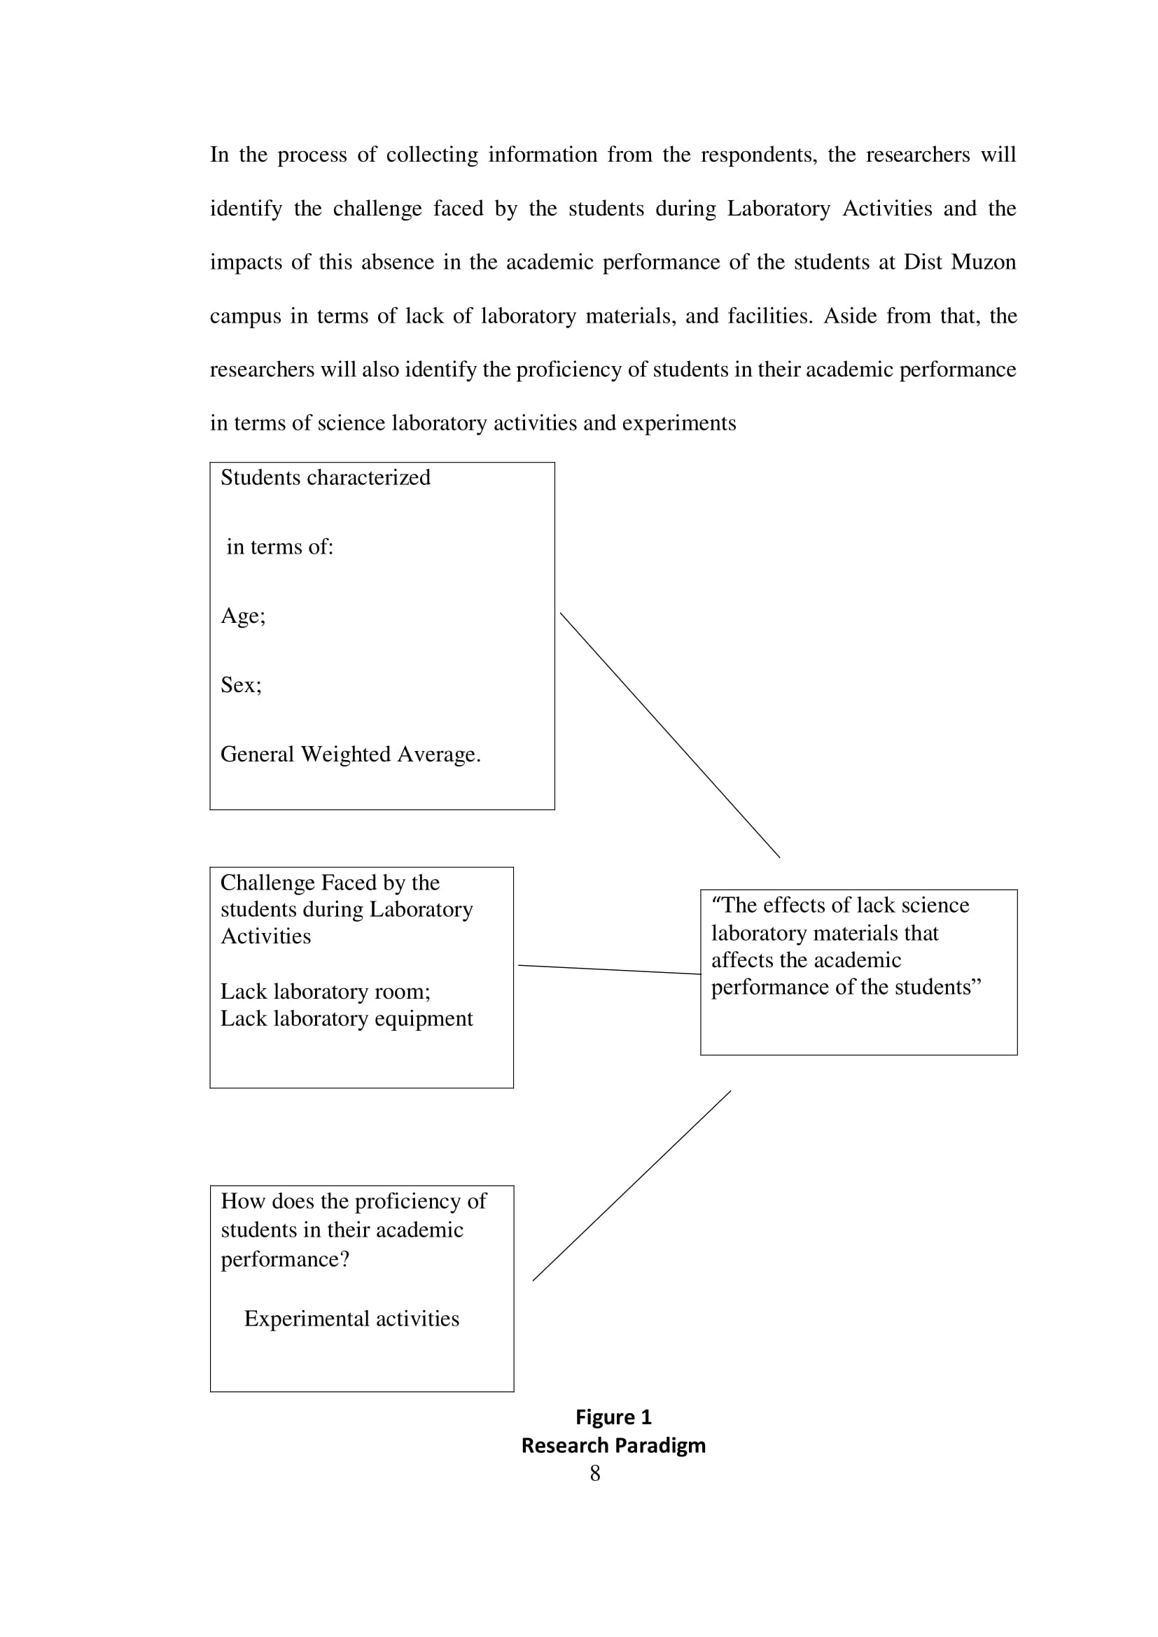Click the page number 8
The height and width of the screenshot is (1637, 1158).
tap(594, 1473)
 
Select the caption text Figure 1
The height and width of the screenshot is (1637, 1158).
tap(613, 1417)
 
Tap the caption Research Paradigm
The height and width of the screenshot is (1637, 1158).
tap(613, 1445)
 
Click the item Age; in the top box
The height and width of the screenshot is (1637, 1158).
tap(242, 615)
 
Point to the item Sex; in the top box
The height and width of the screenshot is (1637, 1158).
tap(241, 684)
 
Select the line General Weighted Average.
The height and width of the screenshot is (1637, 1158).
tap(350, 754)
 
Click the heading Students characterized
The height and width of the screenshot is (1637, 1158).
tap(325, 477)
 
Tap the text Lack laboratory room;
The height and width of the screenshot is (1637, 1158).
tap(325, 991)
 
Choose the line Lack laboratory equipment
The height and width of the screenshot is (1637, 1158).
tap(346, 1018)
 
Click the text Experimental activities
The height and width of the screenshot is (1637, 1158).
tap(351, 1319)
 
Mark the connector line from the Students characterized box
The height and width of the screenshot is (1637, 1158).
tap(669, 734)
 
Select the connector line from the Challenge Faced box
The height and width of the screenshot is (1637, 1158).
tap(609, 969)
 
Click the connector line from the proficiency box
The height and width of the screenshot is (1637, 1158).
tap(632, 1186)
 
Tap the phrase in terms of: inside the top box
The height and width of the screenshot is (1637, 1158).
tap(279, 546)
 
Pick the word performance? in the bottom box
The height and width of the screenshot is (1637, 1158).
tap(284, 1258)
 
